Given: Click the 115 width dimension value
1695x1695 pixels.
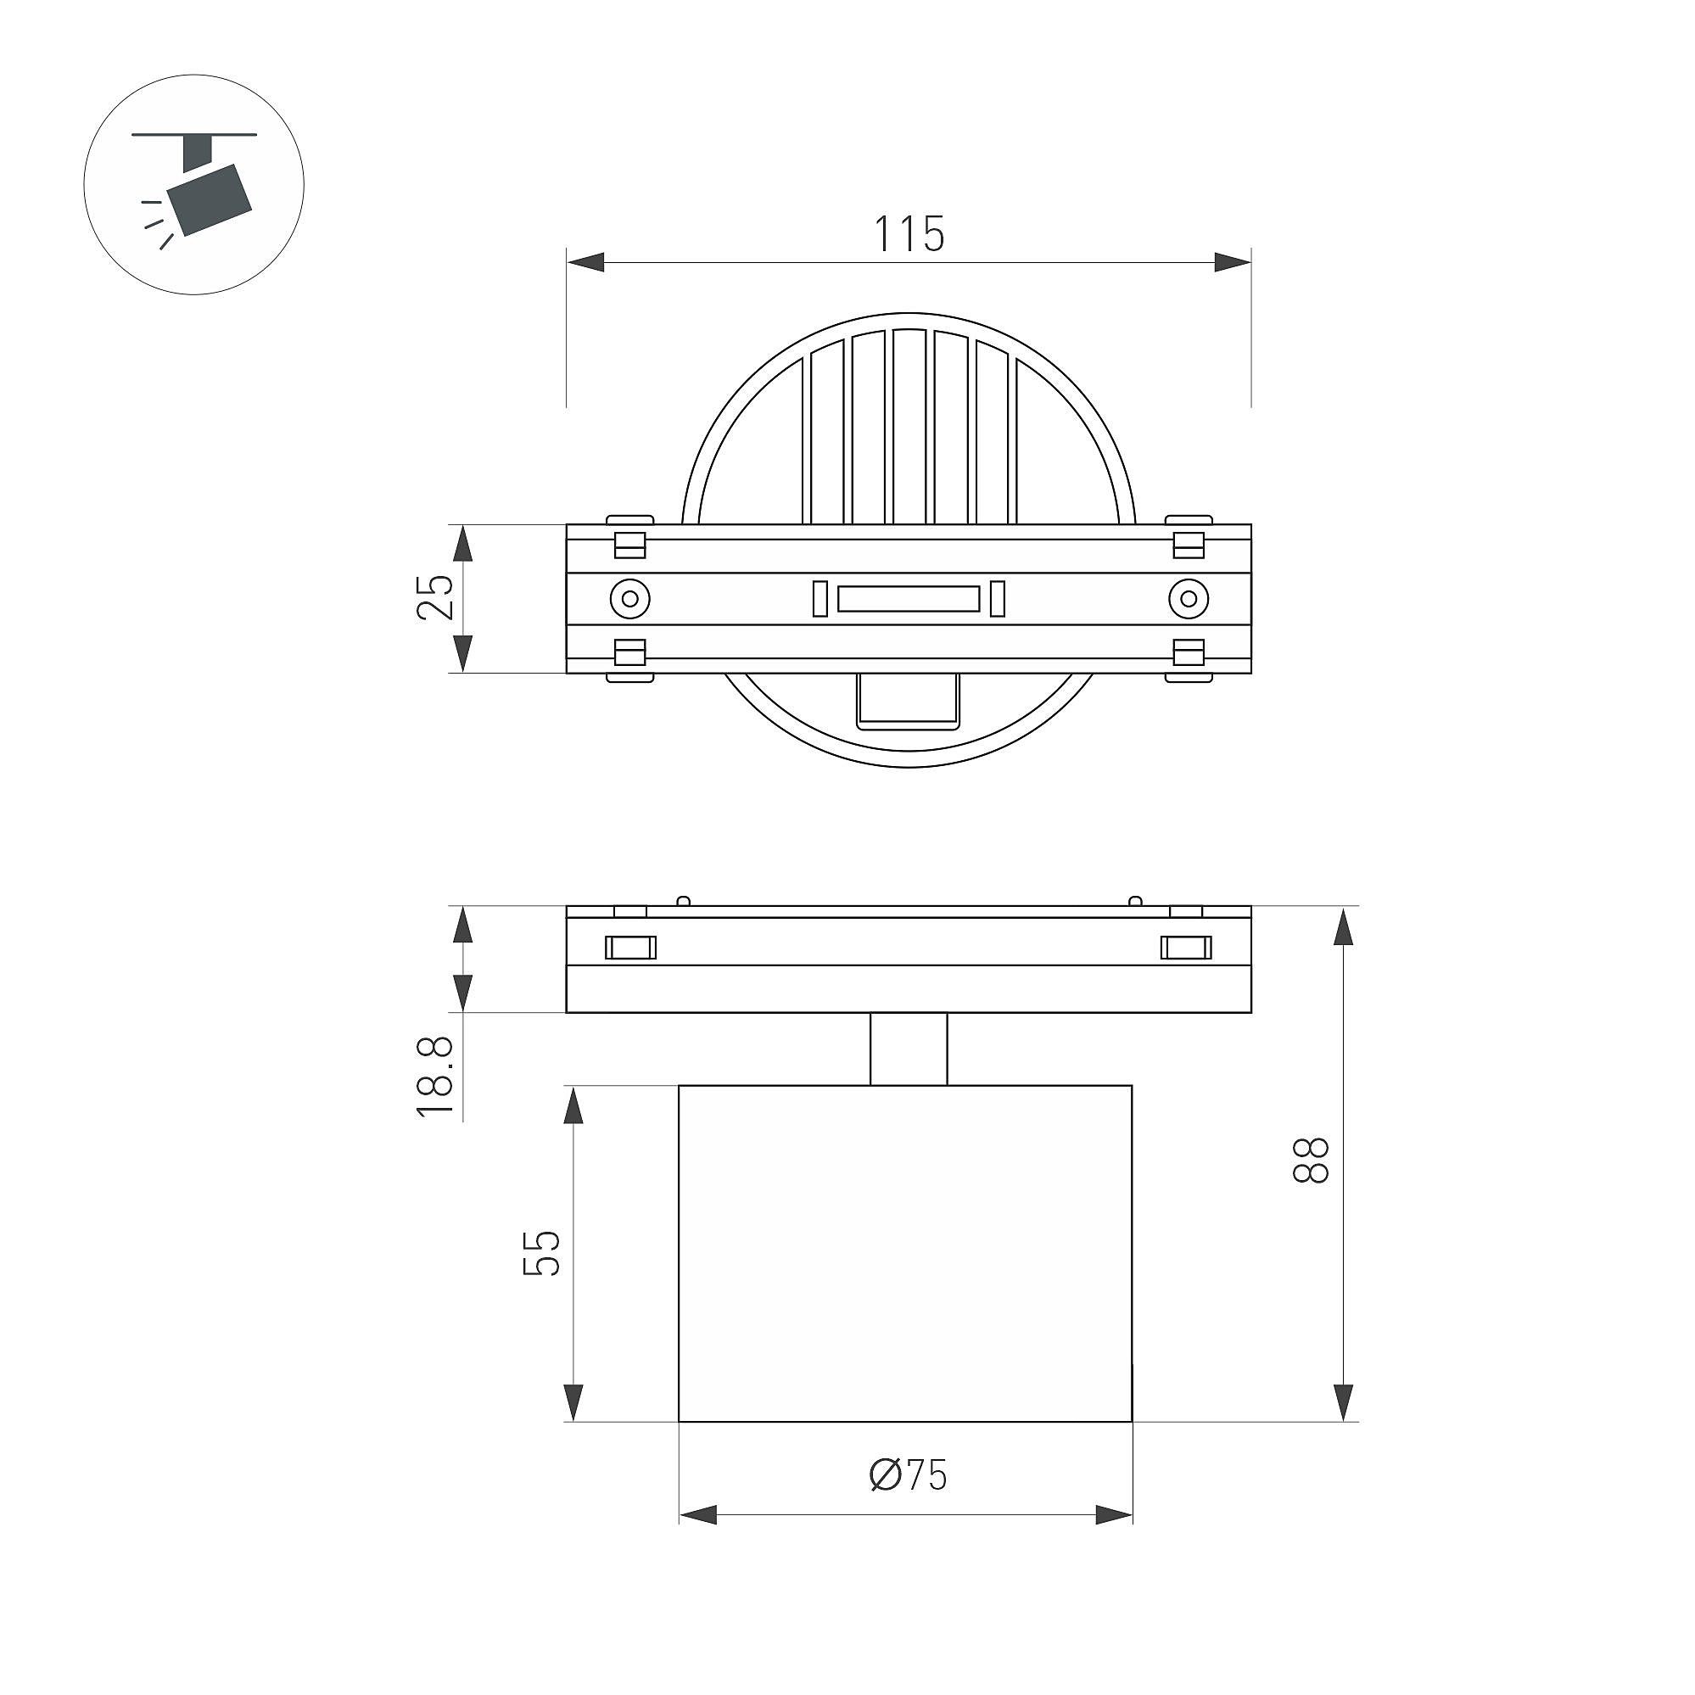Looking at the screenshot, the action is pyautogui.click(x=909, y=233).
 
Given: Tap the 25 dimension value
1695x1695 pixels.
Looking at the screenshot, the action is pyautogui.click(x=436, y=597).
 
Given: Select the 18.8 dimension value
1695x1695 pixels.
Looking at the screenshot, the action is pyautogui.click(x=435, y=1076).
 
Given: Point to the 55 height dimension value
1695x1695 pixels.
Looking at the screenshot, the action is pyautogui.click(x=541, y=1254).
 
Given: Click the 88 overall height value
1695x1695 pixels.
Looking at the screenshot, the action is pyautogui.click(x=1312, y=1161).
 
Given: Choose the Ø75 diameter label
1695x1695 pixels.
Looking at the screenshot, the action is pyautogui.click(x=908, y=1475).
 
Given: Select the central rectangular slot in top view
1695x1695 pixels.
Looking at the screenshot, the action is pyautogui.click(x=908, y=599).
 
